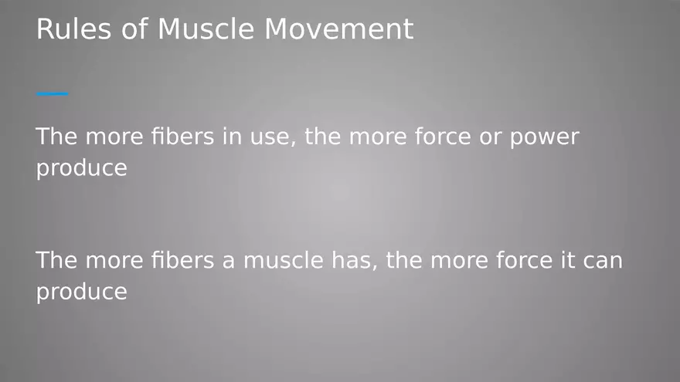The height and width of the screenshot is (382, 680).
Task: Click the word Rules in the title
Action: [73, 29]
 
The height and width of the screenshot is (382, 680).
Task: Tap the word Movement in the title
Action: [338, 29]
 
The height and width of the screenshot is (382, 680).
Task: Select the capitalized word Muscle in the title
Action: [206, 29]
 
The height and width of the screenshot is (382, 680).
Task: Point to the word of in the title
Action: [134, 29]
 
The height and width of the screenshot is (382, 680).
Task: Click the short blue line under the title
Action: [53, 93]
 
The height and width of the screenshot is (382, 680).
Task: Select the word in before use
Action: [232, 137]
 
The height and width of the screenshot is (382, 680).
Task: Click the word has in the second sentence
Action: [355, 261]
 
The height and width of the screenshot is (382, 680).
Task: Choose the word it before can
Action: [566, 260]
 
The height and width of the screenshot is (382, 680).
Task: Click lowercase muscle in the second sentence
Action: [283, 260]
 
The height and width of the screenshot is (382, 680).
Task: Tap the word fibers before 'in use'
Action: [182, 136]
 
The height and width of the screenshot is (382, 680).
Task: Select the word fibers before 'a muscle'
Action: [182, 260]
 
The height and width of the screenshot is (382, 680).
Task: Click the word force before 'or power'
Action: [443, 136]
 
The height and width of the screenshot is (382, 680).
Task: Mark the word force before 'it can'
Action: [525, 260]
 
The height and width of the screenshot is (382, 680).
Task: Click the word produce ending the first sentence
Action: [82, 168]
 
